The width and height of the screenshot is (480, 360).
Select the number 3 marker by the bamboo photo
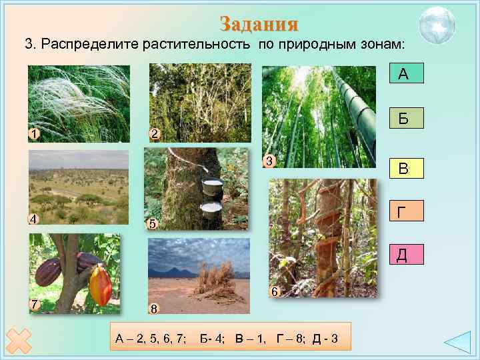tap(268, 160)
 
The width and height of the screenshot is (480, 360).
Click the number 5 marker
tap(152, 224)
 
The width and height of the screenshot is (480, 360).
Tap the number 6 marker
tap(274, 291)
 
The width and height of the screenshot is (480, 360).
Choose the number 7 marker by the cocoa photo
tap(34, 304)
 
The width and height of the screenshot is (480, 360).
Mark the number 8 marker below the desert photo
tap(153, 309)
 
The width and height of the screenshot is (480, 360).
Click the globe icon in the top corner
tap(437, 24)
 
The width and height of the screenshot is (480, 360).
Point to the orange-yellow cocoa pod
tap(99, 285)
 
